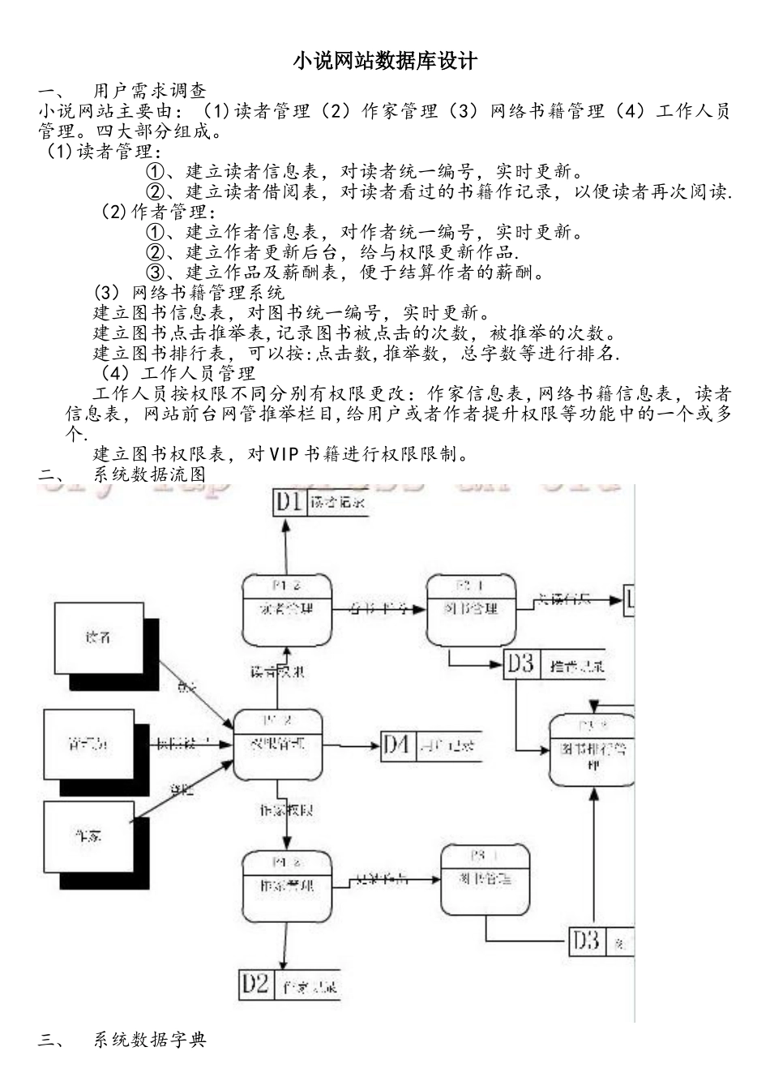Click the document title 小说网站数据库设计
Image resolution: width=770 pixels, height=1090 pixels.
[385, 62]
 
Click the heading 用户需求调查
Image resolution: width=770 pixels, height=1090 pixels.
[149, 90]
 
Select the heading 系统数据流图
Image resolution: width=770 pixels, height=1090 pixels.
[149, 474]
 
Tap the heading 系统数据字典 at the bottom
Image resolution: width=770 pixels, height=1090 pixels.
[149, 1039]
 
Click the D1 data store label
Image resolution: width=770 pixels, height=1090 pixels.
[288, 502]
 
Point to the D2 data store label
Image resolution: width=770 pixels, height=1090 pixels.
[255, 985]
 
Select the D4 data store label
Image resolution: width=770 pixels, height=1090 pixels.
[396, 744]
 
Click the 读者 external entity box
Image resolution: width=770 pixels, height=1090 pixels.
[99, 637]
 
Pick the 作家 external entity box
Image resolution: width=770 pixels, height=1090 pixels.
[89, 835]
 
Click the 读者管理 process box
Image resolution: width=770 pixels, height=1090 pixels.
[287, 609]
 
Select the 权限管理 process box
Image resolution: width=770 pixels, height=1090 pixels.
[277, 744]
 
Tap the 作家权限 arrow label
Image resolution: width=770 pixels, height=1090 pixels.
[286, 809]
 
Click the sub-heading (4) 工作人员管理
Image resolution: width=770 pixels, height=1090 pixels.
[178, 373]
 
